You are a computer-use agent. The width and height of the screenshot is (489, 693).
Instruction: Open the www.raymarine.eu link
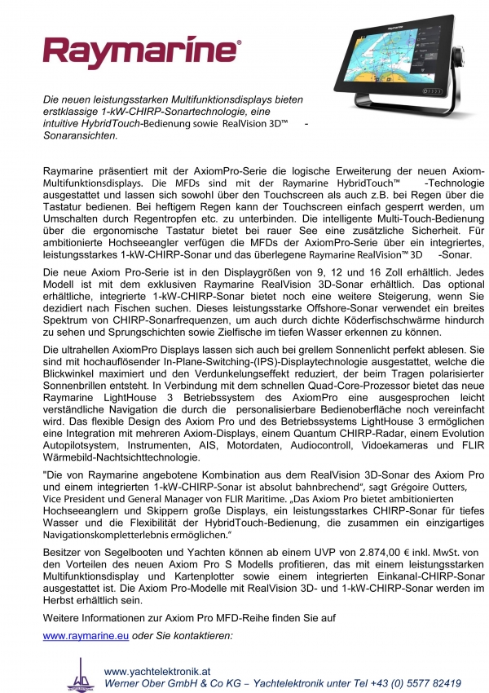coord(77,634)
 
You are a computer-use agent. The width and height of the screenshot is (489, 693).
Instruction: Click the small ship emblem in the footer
coord(80,673)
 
